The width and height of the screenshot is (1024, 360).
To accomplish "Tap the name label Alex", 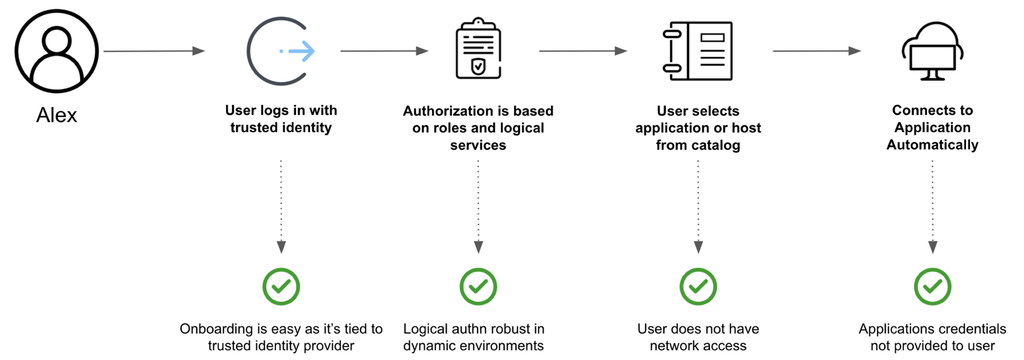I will (56, 116).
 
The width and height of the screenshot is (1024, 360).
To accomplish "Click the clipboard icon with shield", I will (478, 51).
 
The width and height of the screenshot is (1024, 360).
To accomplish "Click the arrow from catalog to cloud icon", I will (817, 51).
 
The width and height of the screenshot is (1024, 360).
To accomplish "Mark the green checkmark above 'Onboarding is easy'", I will (281, 286).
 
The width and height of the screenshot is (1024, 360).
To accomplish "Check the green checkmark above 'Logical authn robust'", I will (478, 286).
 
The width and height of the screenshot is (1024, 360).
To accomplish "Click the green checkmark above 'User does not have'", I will (698, 286).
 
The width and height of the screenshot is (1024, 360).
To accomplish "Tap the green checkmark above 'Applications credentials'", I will (932, 286).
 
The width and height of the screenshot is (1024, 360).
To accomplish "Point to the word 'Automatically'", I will (932, 145).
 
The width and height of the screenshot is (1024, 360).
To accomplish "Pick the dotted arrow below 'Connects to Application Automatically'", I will (932, 205).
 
